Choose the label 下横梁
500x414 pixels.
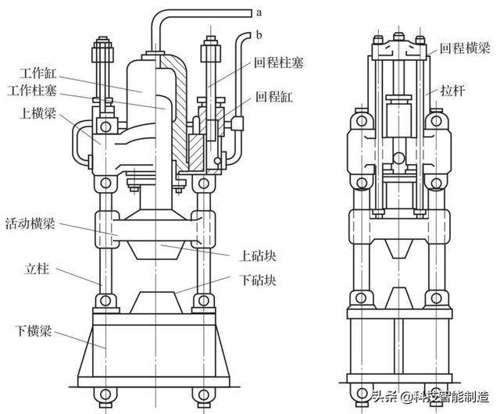pyautogui.click(x=37, y=322)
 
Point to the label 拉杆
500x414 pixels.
pyautogui.click(x=453, y=91)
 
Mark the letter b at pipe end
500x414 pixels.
pyautogui.click(x=257, y=34)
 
